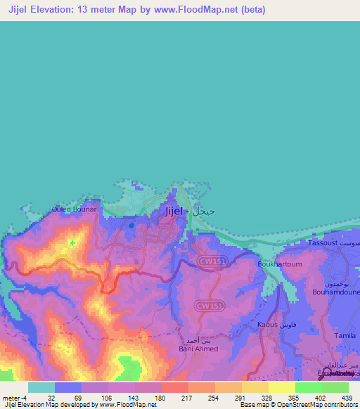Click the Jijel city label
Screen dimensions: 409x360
pyautogui.click(x=174, y=211)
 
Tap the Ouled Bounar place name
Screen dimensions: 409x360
pyautogui.click(x=74, y=209)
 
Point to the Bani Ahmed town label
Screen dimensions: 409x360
pyautogui.click(x=198, y=349)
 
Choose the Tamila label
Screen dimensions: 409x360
pyautogui.click(x=345, y=336)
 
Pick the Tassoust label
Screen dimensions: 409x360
pyautogui.click(x=323, y=242)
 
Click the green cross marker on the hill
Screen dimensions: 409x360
pyautogui.click(x=72, y=242)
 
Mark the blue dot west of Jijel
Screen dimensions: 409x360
pyautogui.click(x=131, y=226)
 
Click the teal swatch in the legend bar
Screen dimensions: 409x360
pyautogui.click(x=41, y=387)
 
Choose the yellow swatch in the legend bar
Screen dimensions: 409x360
pyautogui.click(x=281, y=387)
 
